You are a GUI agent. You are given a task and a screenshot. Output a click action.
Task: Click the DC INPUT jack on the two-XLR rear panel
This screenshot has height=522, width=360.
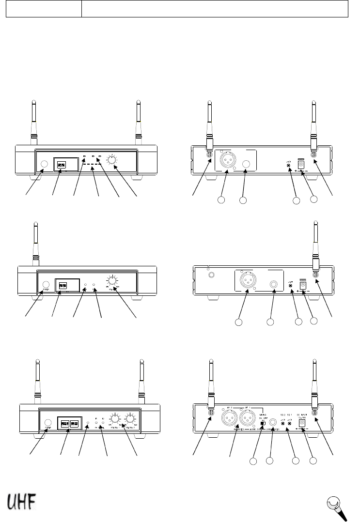pos(303,423)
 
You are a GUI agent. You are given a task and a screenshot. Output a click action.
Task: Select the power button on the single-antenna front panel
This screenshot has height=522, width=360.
pos(47,285)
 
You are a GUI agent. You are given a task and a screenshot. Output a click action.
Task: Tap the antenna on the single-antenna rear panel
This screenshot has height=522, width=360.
pos(315,247)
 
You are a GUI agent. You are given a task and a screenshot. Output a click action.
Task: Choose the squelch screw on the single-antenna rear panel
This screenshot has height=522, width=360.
pos(290,286)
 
